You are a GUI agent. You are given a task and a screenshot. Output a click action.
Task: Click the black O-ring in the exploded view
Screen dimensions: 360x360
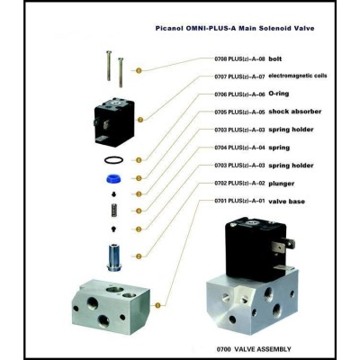[104, 160]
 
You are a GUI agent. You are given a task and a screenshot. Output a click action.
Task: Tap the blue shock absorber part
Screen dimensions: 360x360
[113, 179]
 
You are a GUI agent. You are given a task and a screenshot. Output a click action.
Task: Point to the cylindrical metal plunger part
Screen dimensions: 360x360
[113, 257]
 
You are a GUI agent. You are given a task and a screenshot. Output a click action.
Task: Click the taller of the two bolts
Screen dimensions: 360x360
[109, 66]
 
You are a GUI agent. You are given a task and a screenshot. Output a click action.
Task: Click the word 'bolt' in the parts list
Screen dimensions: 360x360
[275, 58]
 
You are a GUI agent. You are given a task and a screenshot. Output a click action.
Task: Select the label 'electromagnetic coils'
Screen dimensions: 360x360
[297, 76]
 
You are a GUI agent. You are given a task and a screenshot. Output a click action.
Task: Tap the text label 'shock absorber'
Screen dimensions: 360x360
[295, 112]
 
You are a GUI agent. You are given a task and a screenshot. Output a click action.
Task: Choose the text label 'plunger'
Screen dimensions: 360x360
[282, 184]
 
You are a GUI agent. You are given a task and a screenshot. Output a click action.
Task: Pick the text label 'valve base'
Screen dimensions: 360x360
[286, 202]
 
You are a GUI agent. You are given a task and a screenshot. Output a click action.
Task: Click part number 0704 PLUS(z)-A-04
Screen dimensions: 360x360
[239, 148]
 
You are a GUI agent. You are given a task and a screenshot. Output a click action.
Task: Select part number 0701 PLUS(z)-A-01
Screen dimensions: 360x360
[239, 201]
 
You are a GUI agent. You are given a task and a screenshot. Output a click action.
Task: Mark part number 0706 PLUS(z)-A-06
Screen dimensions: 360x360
[239, 94]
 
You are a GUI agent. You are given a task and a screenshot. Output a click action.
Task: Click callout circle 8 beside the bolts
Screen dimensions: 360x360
[139, 71]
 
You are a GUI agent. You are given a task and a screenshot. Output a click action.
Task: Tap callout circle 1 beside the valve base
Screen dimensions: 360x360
[158, 305]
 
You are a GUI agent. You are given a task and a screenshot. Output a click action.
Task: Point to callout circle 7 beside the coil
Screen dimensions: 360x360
[140, 120]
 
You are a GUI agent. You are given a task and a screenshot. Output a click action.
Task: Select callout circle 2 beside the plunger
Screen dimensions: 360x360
[139, 256]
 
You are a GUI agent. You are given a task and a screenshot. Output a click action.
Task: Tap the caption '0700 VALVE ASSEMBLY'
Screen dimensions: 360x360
[254, 349]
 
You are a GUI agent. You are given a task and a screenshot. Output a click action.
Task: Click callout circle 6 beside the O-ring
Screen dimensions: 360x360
[139, 160]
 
